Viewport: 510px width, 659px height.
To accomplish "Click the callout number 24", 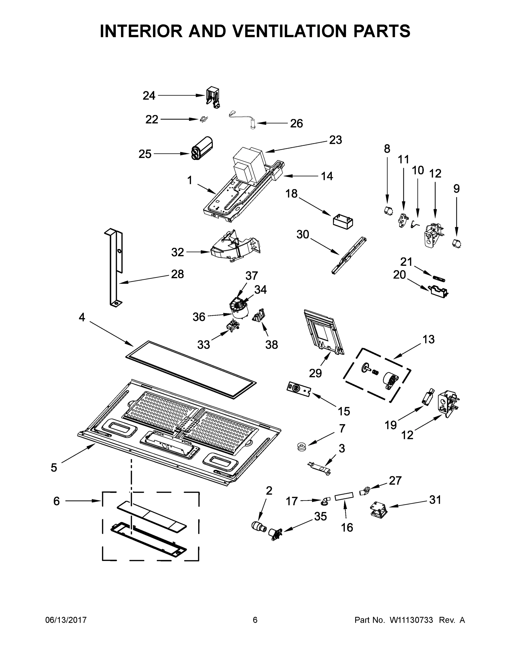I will [x=149, y=96].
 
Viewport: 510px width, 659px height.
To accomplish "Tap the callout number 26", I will [x=296, y=123].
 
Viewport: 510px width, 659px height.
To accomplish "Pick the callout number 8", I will [x=387, y=149].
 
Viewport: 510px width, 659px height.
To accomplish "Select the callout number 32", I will [x=177, y=252].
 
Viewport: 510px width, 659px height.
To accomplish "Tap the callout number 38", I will [x=271, y=345].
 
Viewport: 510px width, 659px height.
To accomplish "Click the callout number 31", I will [x=435, y=500].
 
